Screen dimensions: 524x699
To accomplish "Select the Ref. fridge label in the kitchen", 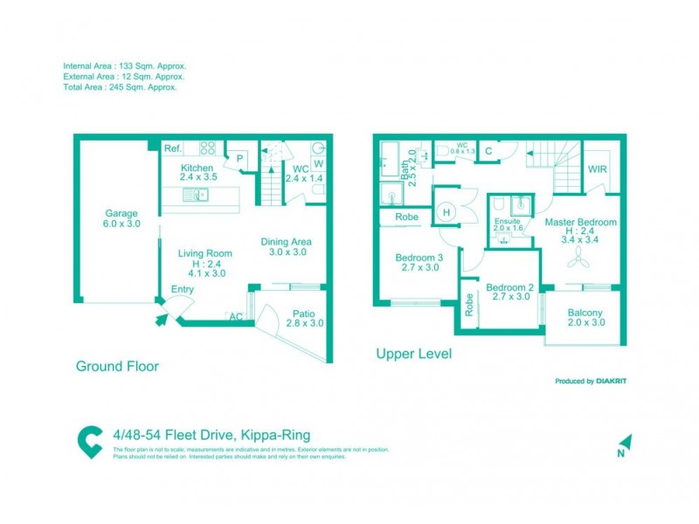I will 173,149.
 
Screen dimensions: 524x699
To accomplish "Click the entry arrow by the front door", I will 161,321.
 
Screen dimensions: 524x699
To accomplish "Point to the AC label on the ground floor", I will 234,316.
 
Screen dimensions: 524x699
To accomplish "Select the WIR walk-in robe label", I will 598,169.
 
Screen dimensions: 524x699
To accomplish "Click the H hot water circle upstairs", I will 446,212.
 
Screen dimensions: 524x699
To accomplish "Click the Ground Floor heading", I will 116,367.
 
